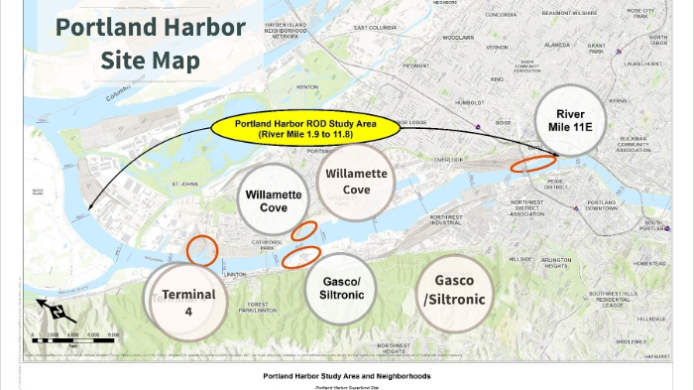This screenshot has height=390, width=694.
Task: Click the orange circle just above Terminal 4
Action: click(202, 248)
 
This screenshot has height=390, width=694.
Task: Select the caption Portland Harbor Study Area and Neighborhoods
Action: click(347, 376)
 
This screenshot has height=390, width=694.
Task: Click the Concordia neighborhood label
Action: click(501, 15)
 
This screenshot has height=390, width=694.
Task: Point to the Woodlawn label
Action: click(459, 37)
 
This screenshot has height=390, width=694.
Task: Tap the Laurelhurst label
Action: click(642, 63)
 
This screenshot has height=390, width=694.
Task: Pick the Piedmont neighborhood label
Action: click(415, 65)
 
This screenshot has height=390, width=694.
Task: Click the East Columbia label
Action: click(374, 27)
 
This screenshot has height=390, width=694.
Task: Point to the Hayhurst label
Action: click(656, 355)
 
